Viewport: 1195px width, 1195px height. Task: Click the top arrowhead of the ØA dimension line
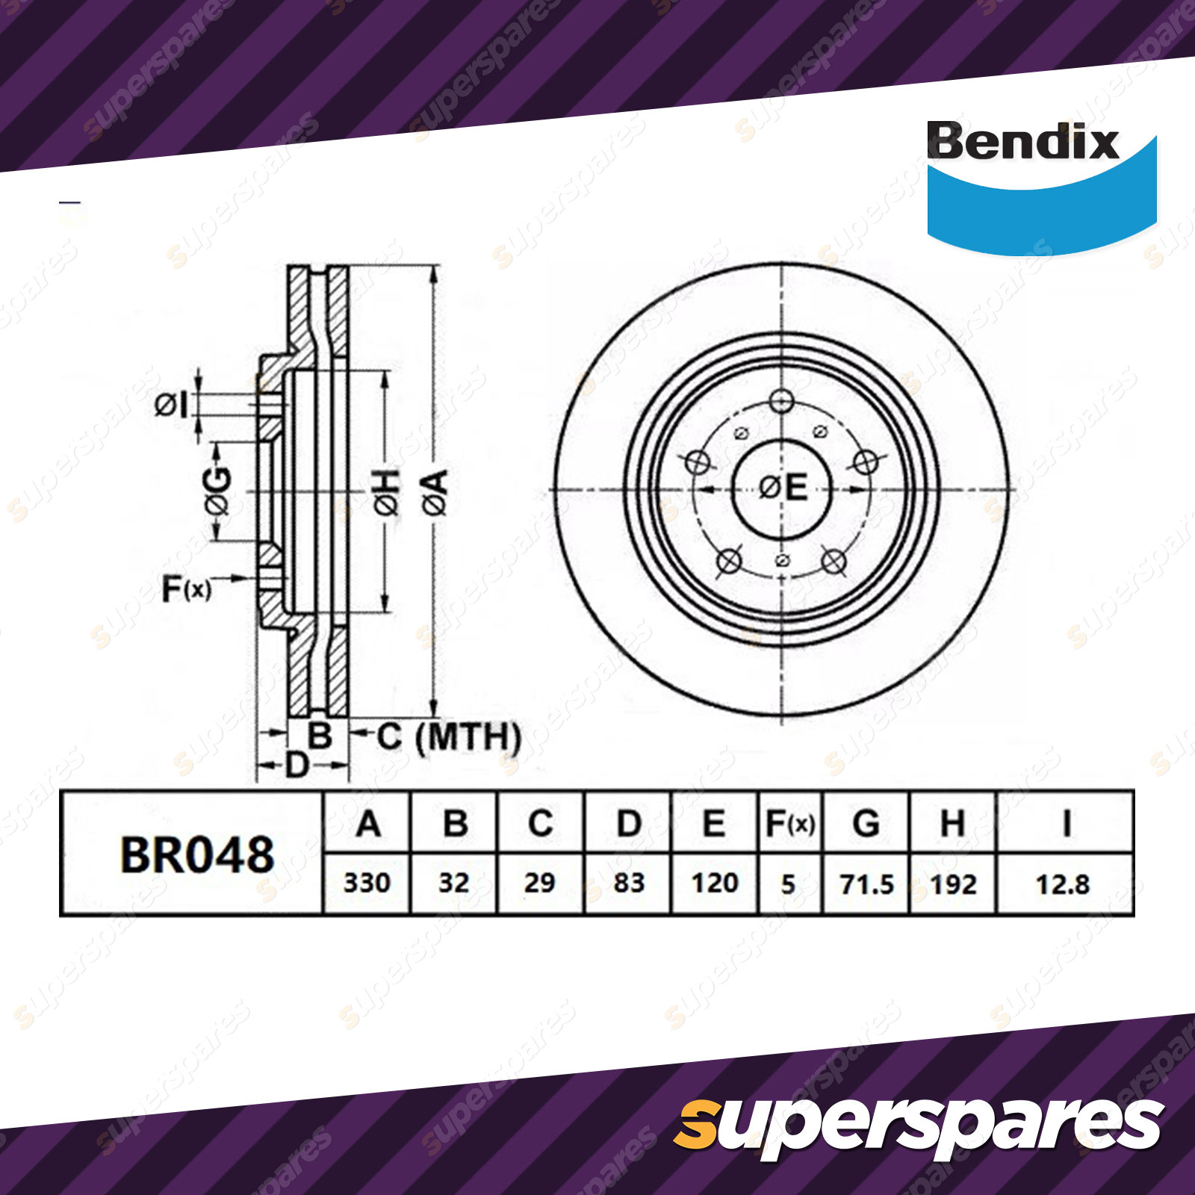(x=434, y=273)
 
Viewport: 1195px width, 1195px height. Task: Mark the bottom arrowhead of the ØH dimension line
(x=385, y=604)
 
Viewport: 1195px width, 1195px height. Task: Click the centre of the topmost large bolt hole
(x=781, y=401)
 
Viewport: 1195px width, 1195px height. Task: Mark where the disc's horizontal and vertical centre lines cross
(x=781, y=491)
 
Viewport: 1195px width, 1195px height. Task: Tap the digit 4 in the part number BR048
(x=225, y=855)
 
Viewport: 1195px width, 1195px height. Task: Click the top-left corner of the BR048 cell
(x=61, y=792)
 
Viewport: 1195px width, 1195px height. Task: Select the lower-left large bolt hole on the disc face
(x=729, y=560)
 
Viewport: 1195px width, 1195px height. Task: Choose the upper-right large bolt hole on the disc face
(x=866, y=462)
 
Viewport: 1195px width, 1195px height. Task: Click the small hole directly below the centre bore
(x=782, y=560)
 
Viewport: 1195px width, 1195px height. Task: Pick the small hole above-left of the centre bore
(x=742, y=432)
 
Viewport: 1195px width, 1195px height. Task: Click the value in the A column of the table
(x=367, y=883)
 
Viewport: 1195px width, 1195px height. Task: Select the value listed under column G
(x=866, y=884)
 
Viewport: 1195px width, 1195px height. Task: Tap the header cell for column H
(x=953, y=824)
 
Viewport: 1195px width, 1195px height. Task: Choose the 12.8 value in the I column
(x=1062, y=884)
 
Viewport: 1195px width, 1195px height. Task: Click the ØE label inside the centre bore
(x=783, y=488)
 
